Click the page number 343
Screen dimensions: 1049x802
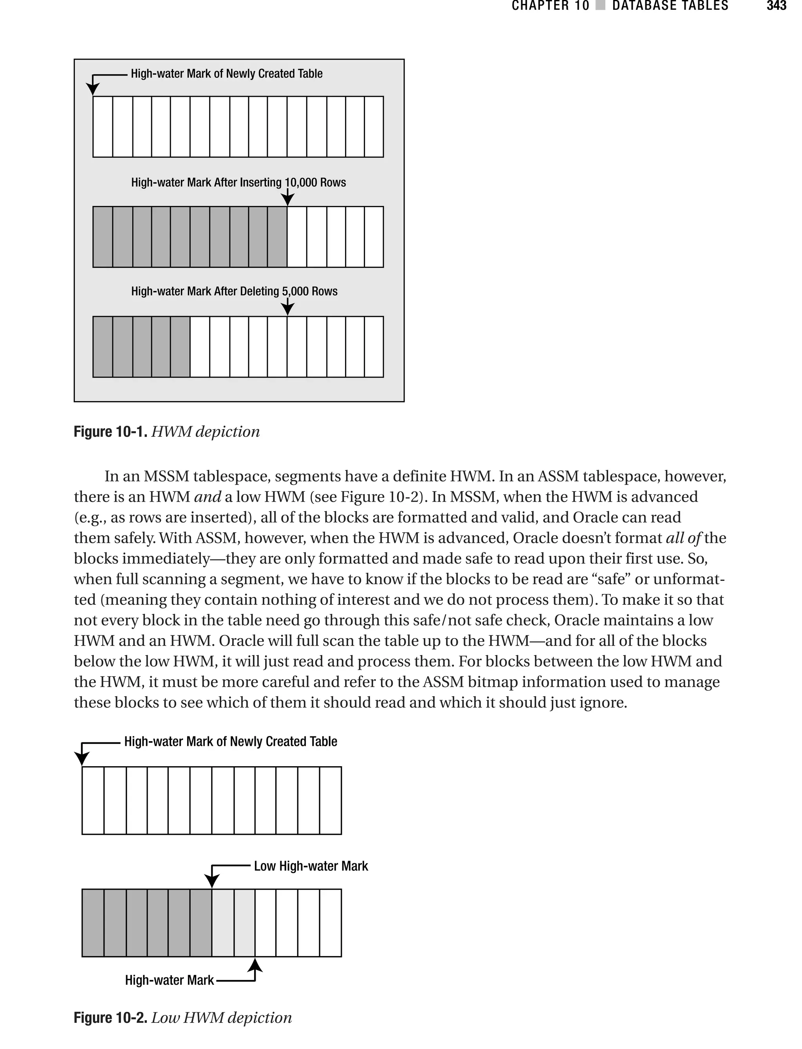tap(776, 6)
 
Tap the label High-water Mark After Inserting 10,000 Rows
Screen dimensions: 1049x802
tap(238, 183)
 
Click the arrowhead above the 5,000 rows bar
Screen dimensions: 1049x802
tap(287, 309)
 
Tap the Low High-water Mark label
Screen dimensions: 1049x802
tap(311, 866)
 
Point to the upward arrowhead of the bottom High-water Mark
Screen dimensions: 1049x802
tap(255, 966)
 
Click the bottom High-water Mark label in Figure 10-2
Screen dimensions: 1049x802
tap(169, 980)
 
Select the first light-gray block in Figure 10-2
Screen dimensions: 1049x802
tap(222, 923)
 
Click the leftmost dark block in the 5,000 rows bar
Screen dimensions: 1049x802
tap(103, 347)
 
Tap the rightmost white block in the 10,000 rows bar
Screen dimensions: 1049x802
tap(374, 237)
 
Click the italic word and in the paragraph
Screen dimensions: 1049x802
tap(207, 497)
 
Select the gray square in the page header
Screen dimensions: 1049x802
tap(601, 6)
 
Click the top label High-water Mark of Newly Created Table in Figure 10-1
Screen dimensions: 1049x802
tap(226, 74)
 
